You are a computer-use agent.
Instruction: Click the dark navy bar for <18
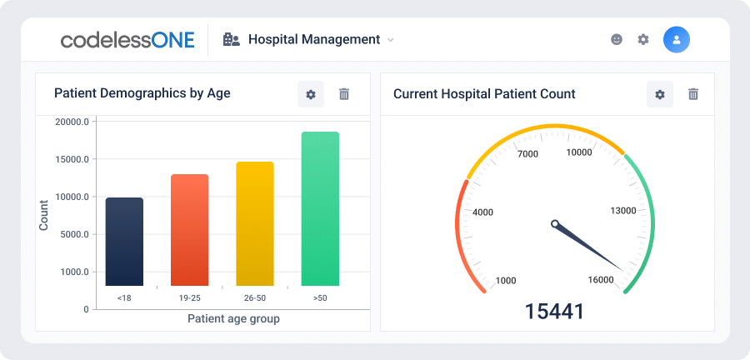tap(124, 242)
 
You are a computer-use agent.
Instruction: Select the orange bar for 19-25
tap(189, 230)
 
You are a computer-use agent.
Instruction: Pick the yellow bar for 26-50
tap(255, 223)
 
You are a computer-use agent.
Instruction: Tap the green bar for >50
tap(320, 209)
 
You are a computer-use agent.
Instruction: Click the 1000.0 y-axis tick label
tap(74, 272)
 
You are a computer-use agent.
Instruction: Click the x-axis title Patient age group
tap(233, 319)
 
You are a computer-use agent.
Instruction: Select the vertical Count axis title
tap(44, 215)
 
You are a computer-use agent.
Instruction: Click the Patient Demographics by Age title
tap(142, 93)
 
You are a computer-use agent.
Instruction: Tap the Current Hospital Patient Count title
tap(484, 93)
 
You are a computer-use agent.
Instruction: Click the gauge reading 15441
tap(554, 312)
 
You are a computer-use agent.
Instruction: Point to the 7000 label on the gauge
tap(528, 154)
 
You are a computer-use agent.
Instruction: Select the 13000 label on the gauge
tap(623, 210)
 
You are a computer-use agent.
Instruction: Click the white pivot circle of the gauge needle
tap(555, 223)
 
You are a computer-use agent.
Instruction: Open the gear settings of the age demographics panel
tap(311, 94)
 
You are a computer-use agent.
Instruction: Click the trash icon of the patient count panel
tap(693, 94)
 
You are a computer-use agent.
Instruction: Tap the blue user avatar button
tap(677, 40)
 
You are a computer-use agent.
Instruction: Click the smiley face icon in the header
tap(617, 40)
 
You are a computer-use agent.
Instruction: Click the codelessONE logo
tap(127, 40)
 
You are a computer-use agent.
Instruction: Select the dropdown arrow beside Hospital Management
tap(390, 40)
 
